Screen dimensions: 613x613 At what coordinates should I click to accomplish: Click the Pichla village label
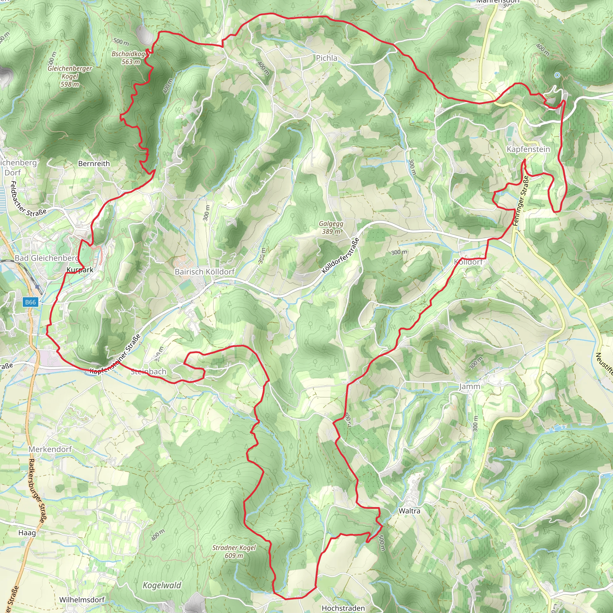(x=327, y=58)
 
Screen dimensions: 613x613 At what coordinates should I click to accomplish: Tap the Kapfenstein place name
(x=528, y=149)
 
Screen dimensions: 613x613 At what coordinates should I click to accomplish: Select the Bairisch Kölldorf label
(x=205, y=271)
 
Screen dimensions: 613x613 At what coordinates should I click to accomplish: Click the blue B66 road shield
(x=31, y=302)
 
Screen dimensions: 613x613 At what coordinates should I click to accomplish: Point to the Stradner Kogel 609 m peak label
(x=234, y=551)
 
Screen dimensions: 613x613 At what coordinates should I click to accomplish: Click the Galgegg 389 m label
(x=331, y=227)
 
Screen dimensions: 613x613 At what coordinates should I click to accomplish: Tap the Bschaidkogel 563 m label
(x=130, y=58)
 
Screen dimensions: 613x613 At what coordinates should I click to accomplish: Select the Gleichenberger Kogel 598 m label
(x=70, y=76)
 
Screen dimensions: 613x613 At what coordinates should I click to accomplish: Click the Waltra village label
(x=409, y=511)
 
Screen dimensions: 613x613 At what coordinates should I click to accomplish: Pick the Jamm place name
(x=470, y=386)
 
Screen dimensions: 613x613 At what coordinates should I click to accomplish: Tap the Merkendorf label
(x=50, y=449)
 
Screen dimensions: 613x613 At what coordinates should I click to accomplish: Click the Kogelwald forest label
(x=162, y=585)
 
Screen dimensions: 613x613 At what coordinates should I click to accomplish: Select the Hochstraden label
(x=343, y=608)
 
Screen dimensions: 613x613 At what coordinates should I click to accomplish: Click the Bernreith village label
(x=94, y=163)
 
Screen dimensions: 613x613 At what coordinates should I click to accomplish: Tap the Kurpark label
(x=80, y=270)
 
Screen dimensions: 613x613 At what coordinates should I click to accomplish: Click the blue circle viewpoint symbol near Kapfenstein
(x=557, y=75)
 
